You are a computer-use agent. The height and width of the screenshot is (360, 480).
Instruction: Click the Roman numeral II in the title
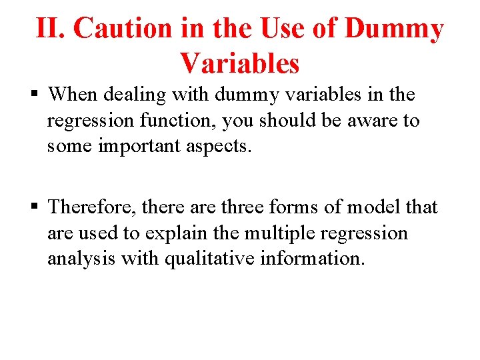(51, 29)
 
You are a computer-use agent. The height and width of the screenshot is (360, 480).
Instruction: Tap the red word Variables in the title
(239, 63)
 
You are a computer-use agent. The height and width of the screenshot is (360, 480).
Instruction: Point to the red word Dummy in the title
(395, 29)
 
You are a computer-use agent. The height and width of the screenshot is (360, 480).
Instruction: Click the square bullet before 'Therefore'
(37, 207)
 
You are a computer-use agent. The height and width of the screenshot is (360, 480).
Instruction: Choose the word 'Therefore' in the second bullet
(89, 207)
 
